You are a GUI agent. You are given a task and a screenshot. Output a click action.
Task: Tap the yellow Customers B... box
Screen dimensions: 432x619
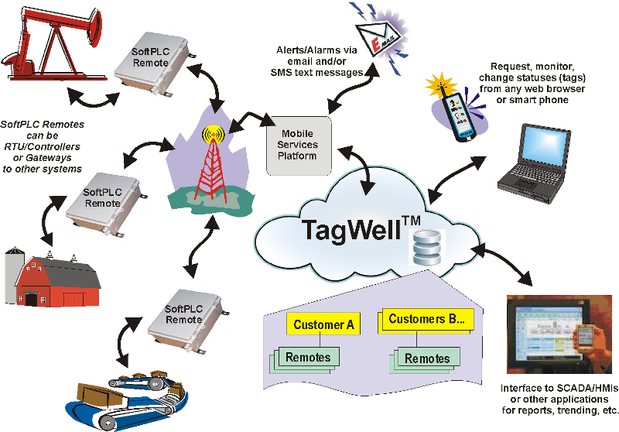[426, 319]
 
